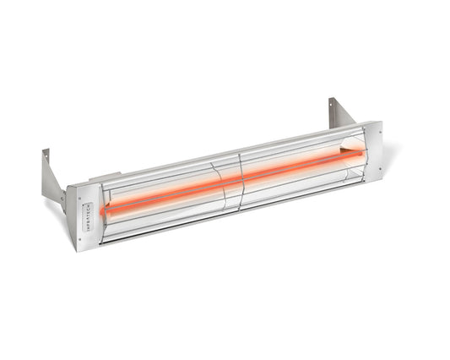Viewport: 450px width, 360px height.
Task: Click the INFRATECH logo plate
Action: coord(90,213)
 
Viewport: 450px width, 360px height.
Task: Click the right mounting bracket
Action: coord(342,113)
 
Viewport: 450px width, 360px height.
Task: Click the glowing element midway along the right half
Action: coord(300,167)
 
